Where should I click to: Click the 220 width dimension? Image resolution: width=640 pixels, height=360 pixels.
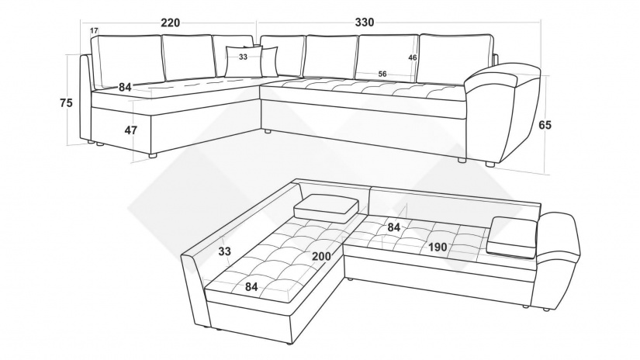pyautogui.click(x=170, y=22)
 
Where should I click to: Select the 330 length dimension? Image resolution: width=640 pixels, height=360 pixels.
pyautogui.click(x=364, y=22)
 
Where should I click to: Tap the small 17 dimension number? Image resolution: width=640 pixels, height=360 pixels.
pyautogui.click(x=94, y=30)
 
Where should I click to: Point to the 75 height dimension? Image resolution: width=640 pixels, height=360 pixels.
pyautogui.click(x=66, y=103)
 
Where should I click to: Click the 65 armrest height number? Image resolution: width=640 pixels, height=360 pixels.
pyautogui.click(x=545, y=125)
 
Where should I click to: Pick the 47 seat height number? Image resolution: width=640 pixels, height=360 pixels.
pyautogui.click(x=130, y=130)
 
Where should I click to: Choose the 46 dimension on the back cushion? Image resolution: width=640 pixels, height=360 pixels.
pyautogui.click(x=413, y=57)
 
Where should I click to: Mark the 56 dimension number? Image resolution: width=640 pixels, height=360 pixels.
pyautogui.click(x=382, y=74)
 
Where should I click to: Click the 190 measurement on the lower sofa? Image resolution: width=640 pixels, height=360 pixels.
pyautogui.click(x=438, y=247)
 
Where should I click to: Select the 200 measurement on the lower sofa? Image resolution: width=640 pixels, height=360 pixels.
pyautogui.click(x=322, y=256)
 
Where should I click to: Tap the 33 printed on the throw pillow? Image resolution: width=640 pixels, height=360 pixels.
pyautogui.click(x=244, y=57)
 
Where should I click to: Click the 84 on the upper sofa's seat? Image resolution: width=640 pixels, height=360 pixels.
pyautogui.click(x=126, y=87)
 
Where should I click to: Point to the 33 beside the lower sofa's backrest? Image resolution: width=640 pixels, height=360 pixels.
pyautogui.click(x=224, y=251)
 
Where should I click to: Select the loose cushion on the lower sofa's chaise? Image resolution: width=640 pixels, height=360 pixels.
pyautogui.click(x=327, y=208)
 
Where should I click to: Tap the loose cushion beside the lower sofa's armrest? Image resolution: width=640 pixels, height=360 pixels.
pyautogui.click(x=512, y=237)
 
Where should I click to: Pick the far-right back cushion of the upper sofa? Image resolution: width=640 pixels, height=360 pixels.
pyautogui.click(x=456, y=58)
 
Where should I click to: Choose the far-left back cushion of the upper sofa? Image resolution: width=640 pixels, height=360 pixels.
pyautogui.click(x=126, y=61)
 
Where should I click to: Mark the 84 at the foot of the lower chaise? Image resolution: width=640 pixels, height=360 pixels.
pyautogui.click(x=251, y=287)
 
